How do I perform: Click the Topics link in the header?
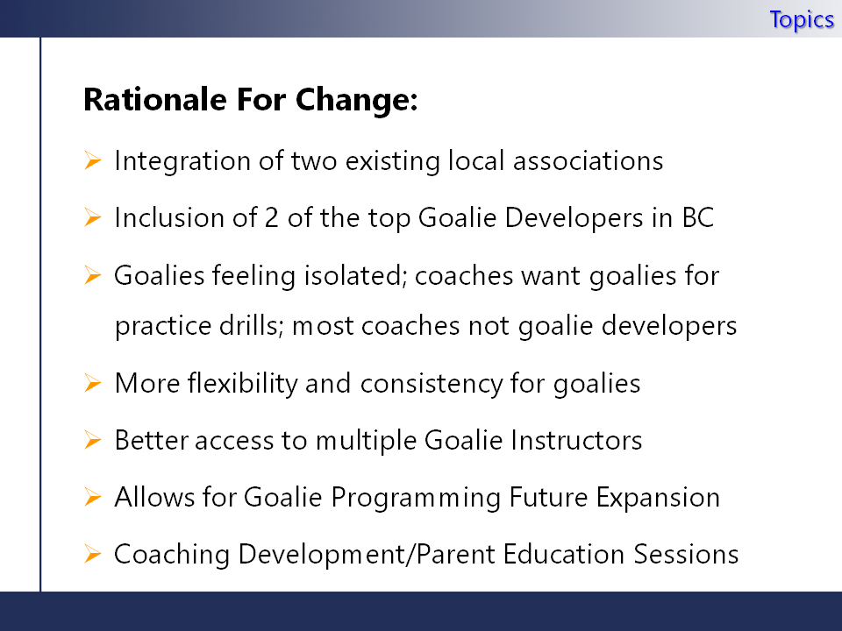[x=802, y=20]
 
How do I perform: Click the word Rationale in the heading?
[x=155, y=99]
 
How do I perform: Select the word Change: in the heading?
[x=357, y=100]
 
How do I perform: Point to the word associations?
[x=588, y=161]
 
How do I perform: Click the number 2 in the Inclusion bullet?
[x=272, y=218]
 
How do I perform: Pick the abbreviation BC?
[x=697, y=218]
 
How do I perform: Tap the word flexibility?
[x=243, y=383]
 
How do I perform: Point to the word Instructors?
[x=576, y=441]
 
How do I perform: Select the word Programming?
[x=416, y=498]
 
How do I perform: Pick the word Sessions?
[x=686, y=554]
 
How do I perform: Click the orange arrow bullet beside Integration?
[x=92, y=160]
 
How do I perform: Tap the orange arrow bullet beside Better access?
[x=92, y=440]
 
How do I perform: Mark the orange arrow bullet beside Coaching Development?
[x=92, y=554]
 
